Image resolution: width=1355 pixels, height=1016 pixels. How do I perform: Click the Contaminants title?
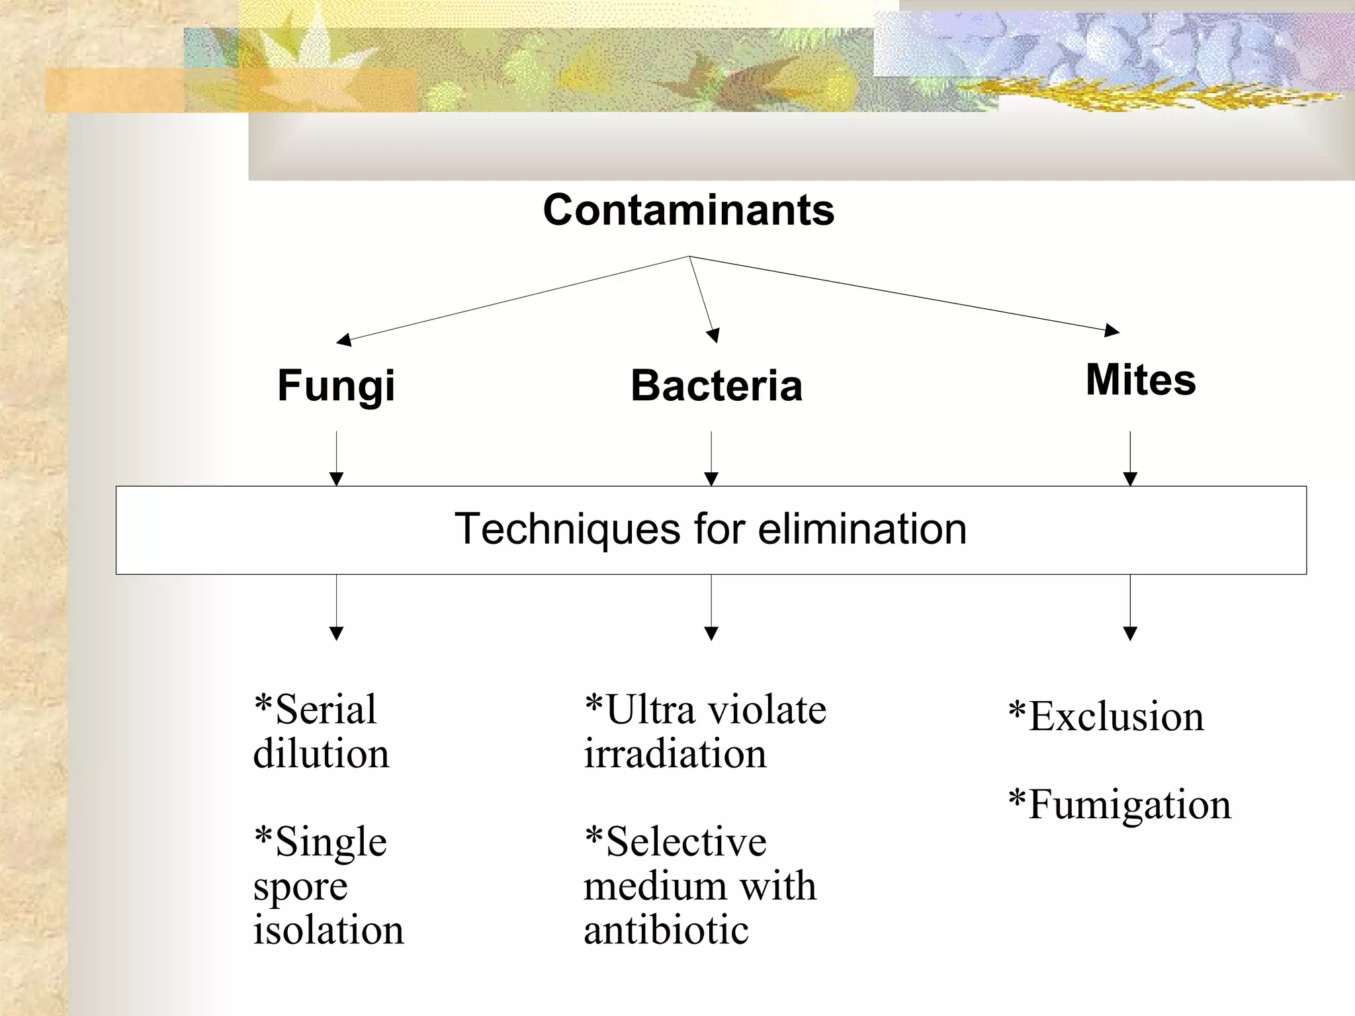[x=689, y=210]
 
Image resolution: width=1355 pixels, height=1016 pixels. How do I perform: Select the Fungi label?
[x=336, y=386]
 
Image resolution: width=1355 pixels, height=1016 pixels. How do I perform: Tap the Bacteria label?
[x=717, y=386]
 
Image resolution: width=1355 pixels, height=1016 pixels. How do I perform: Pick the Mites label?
[x=1141, y=380]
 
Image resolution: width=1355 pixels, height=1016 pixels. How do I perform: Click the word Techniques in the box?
[x=568, y=529]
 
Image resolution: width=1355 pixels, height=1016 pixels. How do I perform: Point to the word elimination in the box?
[x=862, y=529]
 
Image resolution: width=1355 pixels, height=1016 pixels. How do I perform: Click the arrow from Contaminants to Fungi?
[x=513, y=298]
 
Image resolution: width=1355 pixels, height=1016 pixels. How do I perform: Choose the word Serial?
[x=326, y=710]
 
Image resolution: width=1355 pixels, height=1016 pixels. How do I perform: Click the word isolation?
[x=328, y=930]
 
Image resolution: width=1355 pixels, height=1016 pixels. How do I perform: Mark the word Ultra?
[x=650, y=710]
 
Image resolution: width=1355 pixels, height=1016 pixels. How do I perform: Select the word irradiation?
[x=675, y=754]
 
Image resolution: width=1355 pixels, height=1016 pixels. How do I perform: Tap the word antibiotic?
[x=666, y=930]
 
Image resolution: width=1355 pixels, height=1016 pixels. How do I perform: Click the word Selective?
[x=686, y=842]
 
